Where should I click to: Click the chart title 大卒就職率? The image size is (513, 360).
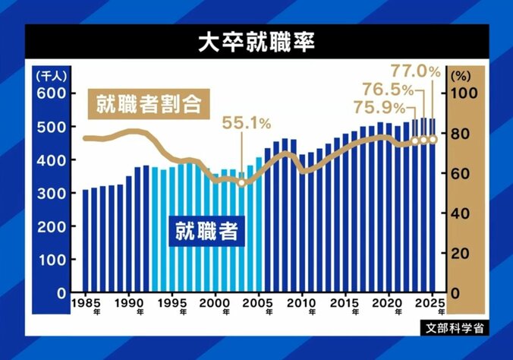[x=256, y=42]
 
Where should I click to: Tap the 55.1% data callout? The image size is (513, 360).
[x=246, y=122]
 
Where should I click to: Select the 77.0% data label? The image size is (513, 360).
[x=416, y=72]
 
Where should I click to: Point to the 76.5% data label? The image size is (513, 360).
[x=389, y=89]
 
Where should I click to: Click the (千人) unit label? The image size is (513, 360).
[x=50, y=75]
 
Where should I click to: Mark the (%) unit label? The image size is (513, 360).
[x=461, y=75]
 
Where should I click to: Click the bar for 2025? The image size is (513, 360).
[x=432, y=206]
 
